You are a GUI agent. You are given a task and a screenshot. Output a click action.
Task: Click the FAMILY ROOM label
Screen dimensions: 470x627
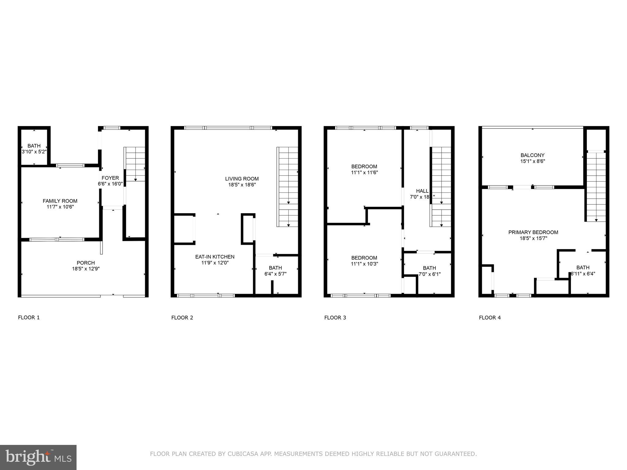pyautogui.click(x=60, y=201)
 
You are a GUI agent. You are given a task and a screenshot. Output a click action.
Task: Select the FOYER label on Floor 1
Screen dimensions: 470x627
pyautogui.click(x=110, y=178)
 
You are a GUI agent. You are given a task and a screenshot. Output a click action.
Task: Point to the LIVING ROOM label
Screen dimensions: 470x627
pyautogui.click(x=242, y=179)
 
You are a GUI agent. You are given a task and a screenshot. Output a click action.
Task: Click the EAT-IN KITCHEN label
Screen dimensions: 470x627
pyautogui.click(x=215, y=257)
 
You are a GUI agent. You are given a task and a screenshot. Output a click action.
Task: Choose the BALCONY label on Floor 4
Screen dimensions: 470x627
pyautogui.click(x=533, y=155)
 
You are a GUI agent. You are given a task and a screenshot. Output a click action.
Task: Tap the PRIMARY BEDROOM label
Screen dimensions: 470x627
pyautogui.click(x=533, y=232)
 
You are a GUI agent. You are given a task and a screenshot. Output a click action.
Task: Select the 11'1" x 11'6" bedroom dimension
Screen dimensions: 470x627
pyautogui.click(x=364, y=173)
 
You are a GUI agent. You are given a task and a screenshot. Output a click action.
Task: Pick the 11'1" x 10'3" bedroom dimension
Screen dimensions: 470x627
pyautogui.click(x=364, y=264)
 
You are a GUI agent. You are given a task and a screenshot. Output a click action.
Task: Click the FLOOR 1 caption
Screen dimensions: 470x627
pyautogui.click(x=29, y=317)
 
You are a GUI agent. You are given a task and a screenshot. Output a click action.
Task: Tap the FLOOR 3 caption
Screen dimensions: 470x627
pyautogui.click(x=335, y=317)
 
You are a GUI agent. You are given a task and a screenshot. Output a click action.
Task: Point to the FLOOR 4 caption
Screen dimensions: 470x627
pyautogui.click(x=490, y=317)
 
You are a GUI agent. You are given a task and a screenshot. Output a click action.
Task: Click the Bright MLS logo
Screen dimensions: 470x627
pyautogui.click(x=38, y=457)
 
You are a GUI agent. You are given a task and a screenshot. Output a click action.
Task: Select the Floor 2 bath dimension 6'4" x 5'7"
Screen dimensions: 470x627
pyautogui.click(x=276, y=274)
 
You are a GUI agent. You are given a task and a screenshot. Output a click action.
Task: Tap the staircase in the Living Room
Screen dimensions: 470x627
pyautogui.click(x=287, y=187)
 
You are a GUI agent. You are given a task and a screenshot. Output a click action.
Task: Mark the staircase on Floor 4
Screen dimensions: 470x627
pyautogui.click(x=596, y=187)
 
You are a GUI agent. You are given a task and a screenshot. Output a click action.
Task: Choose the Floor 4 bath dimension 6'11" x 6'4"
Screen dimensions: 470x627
pyautogui.click(x=583, y=274)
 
